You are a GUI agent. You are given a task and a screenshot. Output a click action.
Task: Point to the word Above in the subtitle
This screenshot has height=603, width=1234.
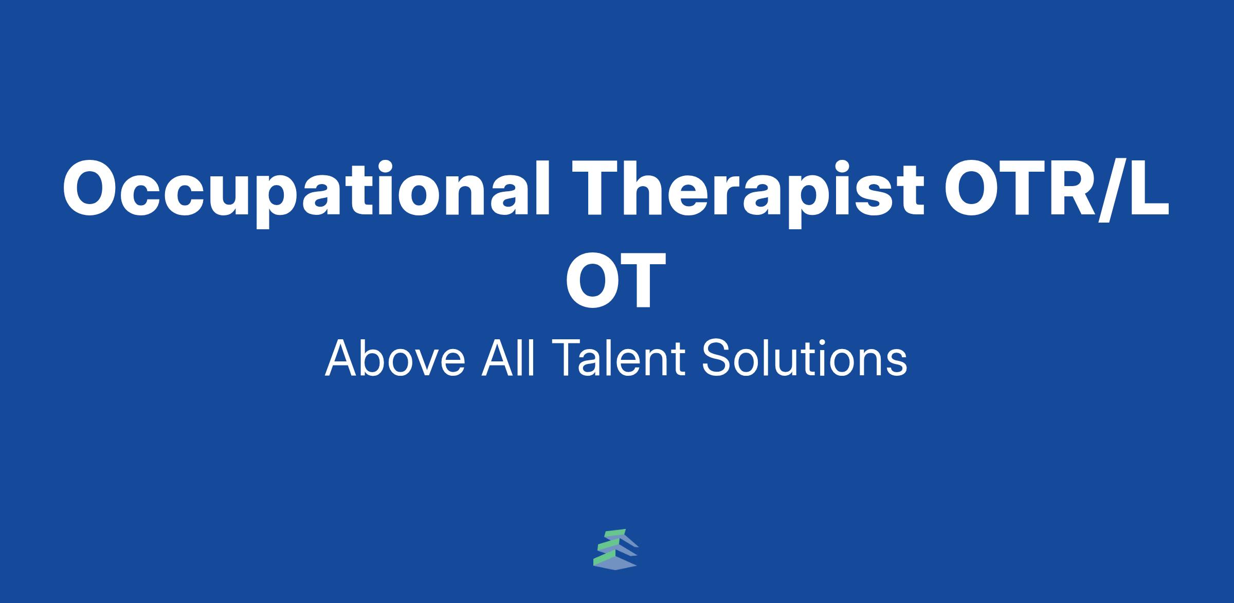click(x=395, y=358)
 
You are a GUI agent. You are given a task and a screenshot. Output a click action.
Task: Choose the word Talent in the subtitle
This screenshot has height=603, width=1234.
click(x=617, y=358)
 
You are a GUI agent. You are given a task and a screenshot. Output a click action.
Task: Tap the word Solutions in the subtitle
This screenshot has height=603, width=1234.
click(x=805, y=358)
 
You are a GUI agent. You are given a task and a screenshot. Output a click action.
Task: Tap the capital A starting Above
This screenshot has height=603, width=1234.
click(x=342, y=358)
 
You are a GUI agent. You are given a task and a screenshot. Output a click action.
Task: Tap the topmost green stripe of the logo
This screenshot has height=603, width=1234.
click(x=615, y=533)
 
